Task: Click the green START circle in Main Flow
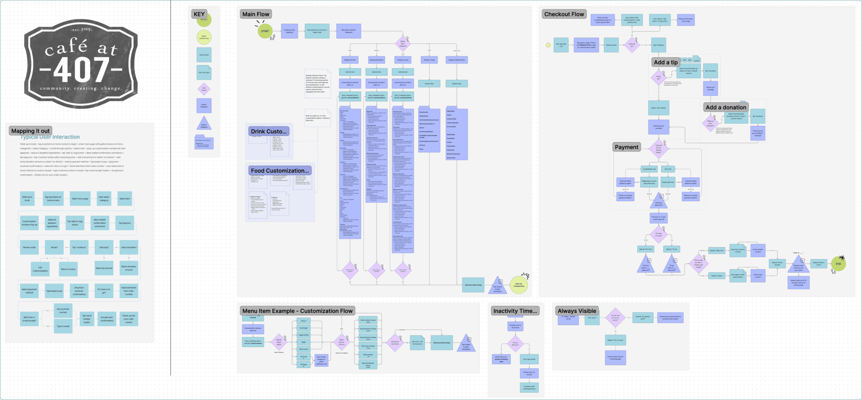tap(265, 31)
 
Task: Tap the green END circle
tap(838, 264)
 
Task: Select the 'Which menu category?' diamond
tap(403, 44)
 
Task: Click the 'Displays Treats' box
tap(429, 60)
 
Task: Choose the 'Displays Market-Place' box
tap(457, 60)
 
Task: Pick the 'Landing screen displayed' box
tap(289, 31)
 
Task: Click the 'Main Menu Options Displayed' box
tap(348, 31)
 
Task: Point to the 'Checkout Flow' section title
tap(564, 14)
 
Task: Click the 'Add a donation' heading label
tap(726, 107)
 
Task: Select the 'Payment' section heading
tap(626, 147)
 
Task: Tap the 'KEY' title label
tap(199, 14)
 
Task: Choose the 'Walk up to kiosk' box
tap(27, 198)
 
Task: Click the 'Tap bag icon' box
tap(125, 223)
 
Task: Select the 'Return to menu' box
tap(68, 269)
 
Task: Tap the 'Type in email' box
tap(63, 326)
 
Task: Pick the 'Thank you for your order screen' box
tap(129, 319)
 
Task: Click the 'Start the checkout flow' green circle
tap(519, 285)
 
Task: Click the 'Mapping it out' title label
tap(30, 131)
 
